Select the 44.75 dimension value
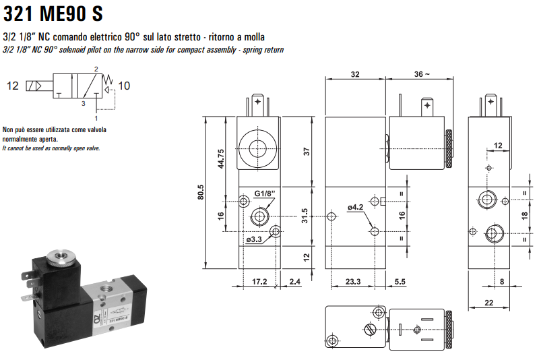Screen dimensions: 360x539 (220, 160)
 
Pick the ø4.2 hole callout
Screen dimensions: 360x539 (355, 207)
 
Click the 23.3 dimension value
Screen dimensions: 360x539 (352, 280)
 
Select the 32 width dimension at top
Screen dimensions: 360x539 (355, 74)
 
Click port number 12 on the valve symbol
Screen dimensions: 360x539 (13, 86)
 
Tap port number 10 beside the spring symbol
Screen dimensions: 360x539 (124, 86)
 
